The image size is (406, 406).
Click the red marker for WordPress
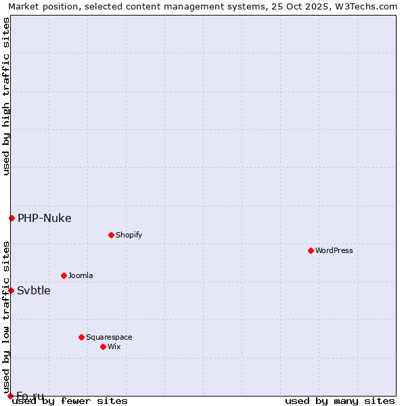[311, 250]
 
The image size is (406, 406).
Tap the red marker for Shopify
[111, 235]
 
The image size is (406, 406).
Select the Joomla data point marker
[64, 275]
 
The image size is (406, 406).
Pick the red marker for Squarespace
[81, 337]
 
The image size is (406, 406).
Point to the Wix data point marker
[103, 346]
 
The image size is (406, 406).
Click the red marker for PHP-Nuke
[12, 218]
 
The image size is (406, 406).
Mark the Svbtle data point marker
[11, 290]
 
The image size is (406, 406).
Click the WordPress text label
[334, 250]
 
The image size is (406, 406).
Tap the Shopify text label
[129, 235]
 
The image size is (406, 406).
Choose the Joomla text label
[81, 275]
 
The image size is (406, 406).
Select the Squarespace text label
[109, 337]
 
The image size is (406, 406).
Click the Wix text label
[114, 346]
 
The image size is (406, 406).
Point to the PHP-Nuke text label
[44, 218]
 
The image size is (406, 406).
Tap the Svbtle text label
[34, 290]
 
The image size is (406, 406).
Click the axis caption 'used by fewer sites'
[70, 401]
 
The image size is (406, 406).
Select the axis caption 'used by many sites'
[340, 401]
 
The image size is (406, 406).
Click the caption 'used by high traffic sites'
[6, 96]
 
